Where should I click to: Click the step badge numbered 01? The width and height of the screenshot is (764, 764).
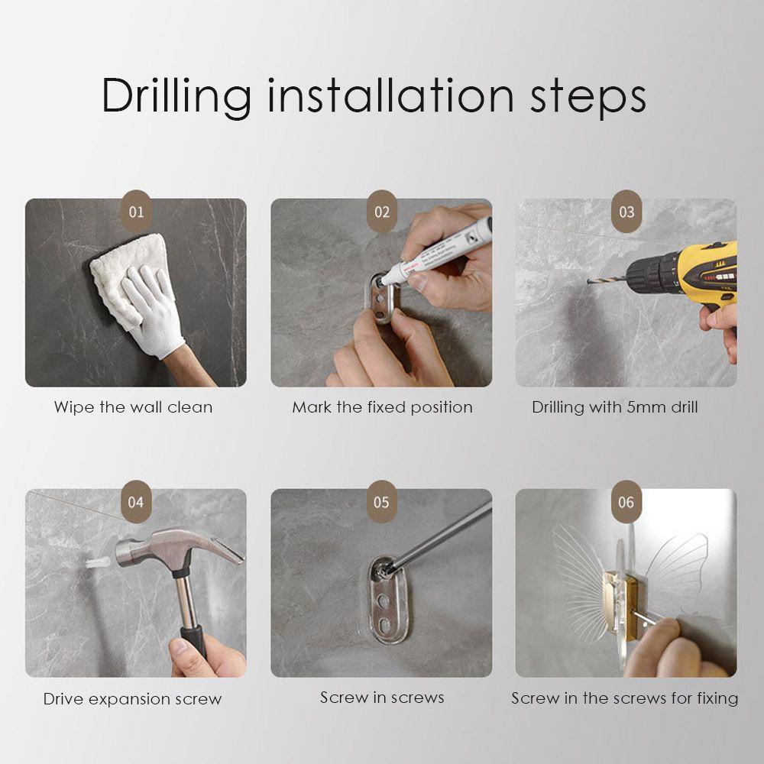pyautogui.click(x=137, y=211)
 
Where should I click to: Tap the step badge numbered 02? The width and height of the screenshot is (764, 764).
pyautogui.click(x=382, y=211)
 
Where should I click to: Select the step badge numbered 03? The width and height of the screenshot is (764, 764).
pyautogui.click(x=626, y=211)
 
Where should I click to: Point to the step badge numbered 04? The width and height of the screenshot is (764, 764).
pyautogui.click(x=136, y=501)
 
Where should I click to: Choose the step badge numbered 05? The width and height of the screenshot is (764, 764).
pyautogui.click(x=381, y=501)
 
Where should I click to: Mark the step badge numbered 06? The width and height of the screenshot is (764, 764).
pyautogui.click(x=626, y=501)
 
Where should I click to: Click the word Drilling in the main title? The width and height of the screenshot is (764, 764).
pyautogui.click(x=176, y=96)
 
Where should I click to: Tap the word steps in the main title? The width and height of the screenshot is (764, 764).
pyautogui.click(x=588, y=98)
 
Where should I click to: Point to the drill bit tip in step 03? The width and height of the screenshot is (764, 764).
pyautogui.click(x=589, y=280)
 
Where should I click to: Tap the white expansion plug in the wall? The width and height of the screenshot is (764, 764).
pyautogui.click(x=98, y=563)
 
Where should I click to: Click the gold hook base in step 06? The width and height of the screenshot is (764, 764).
pyautogui.click(x=620, y=605)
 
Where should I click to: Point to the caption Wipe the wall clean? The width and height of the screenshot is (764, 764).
pyautogui.click(x=133, y=407)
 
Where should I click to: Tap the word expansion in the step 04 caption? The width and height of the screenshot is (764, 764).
pyautogui.click(x=130, y=699)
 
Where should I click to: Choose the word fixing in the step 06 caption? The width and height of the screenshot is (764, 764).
pyautogui.click(x=717, y=699)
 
